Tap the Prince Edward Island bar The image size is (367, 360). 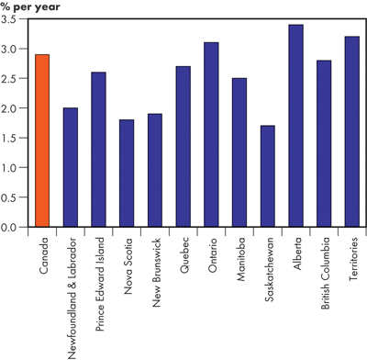(99, 149)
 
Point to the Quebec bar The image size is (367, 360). (183, 146)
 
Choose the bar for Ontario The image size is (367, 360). (211, 134)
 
